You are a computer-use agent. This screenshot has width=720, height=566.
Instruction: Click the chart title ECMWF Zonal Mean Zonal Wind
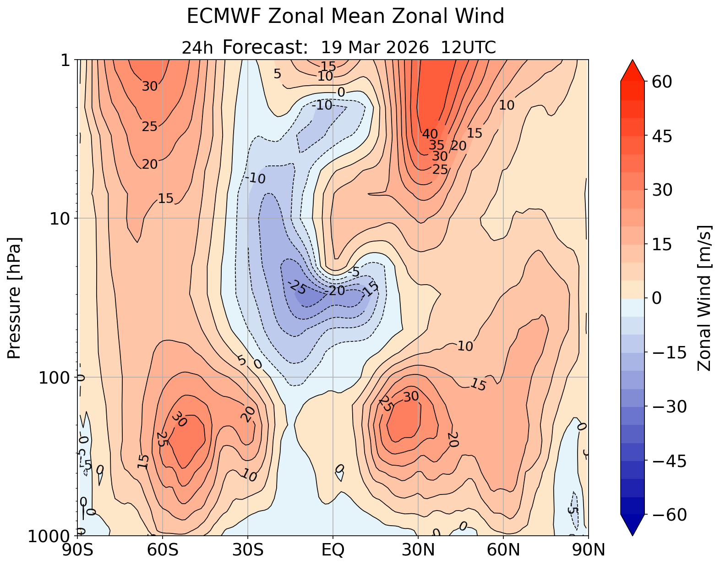coord(345,17)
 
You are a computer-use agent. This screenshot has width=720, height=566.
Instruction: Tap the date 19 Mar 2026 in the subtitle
coord(375,47)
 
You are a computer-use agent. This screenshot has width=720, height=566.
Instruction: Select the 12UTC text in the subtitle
coord(468,47)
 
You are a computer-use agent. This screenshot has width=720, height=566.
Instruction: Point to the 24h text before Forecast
coord(197,48)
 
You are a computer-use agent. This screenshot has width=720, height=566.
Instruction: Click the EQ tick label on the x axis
coord(333,550)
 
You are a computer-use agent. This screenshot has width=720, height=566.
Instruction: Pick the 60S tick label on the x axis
coord(163,550)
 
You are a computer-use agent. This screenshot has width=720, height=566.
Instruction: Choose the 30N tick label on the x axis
coord(418,550)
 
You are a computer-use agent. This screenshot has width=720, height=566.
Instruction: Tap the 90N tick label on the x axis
coord(588,550)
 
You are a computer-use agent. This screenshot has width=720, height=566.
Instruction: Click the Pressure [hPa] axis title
coord(15,298)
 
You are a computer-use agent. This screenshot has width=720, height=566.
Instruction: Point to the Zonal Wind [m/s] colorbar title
coord(704,298)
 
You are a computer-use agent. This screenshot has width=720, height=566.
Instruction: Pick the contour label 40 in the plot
coord(430,134)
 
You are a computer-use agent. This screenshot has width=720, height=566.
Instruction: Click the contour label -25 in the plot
coord(297,287)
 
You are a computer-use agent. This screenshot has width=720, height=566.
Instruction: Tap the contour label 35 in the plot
coord(436,145)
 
